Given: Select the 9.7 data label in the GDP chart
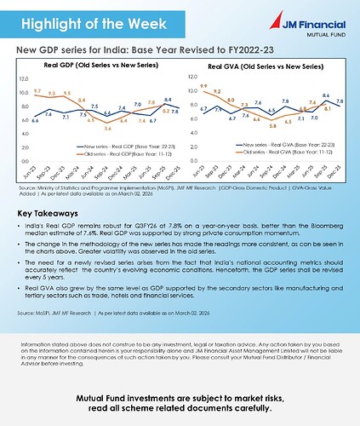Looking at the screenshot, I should click(37, 89).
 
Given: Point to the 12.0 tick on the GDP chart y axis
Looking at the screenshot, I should click(23, 78).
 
